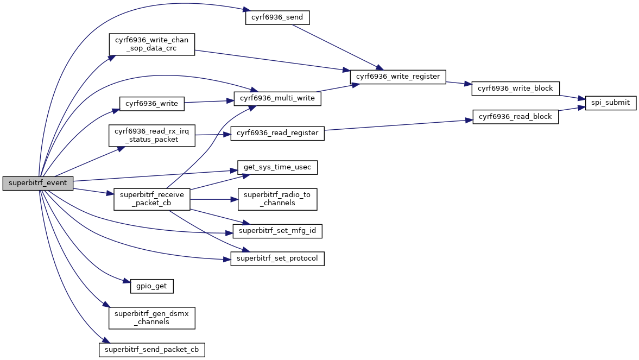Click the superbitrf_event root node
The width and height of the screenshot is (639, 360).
37,183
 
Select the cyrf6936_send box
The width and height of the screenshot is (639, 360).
277,17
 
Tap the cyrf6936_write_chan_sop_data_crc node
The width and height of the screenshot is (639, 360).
151,45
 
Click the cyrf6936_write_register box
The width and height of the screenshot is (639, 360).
398,77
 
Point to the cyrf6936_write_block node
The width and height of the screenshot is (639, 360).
515,89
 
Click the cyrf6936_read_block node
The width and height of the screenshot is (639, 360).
515,117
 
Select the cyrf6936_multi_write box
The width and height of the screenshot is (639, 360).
277,98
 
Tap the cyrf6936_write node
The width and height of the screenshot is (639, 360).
151,104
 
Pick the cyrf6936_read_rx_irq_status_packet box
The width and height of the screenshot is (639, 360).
151,135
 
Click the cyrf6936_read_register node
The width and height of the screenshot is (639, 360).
277,133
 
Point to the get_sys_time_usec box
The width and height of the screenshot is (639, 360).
277,167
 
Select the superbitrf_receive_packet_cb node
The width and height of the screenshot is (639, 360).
151,199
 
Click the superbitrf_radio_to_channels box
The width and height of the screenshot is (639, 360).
277,199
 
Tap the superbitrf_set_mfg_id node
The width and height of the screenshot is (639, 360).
277,231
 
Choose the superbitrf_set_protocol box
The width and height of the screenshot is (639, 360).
277,258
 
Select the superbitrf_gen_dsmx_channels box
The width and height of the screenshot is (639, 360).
151,318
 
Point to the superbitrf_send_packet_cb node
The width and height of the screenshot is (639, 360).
151,349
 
